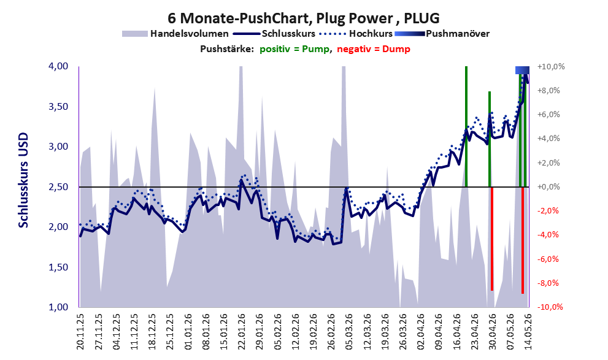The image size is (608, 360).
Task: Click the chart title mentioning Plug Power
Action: (x=304, y=18)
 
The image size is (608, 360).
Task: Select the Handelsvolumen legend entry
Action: (x=175, y=34)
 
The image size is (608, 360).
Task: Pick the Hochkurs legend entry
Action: (x=356, y=34)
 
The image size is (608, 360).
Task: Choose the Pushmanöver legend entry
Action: (x=442, y=34)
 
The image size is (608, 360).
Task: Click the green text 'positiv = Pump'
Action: (x=294, y=49)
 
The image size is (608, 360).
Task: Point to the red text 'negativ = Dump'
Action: (x=374, y=49)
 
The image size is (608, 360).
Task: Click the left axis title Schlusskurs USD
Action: (x=23, y=180)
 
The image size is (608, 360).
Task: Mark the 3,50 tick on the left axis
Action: (x=58, y=107)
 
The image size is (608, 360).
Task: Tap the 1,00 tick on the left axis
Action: (x=58, y=307)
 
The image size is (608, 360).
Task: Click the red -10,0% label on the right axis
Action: (x=550, y=307)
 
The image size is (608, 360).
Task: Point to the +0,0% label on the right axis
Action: (x=548, y=187)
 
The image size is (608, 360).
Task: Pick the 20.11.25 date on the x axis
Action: (x=80, y=331)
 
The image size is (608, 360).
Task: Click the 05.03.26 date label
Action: (x=348, y=331)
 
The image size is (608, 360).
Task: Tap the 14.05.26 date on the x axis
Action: (x=528, y=331)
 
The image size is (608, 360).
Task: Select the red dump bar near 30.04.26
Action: (x=491, y=239)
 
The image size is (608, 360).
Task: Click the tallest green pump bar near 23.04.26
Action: (x=466, y=127)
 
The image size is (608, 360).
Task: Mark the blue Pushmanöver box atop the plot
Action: (x=522, y=70)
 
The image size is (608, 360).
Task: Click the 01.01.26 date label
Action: (x=188, y=331)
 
